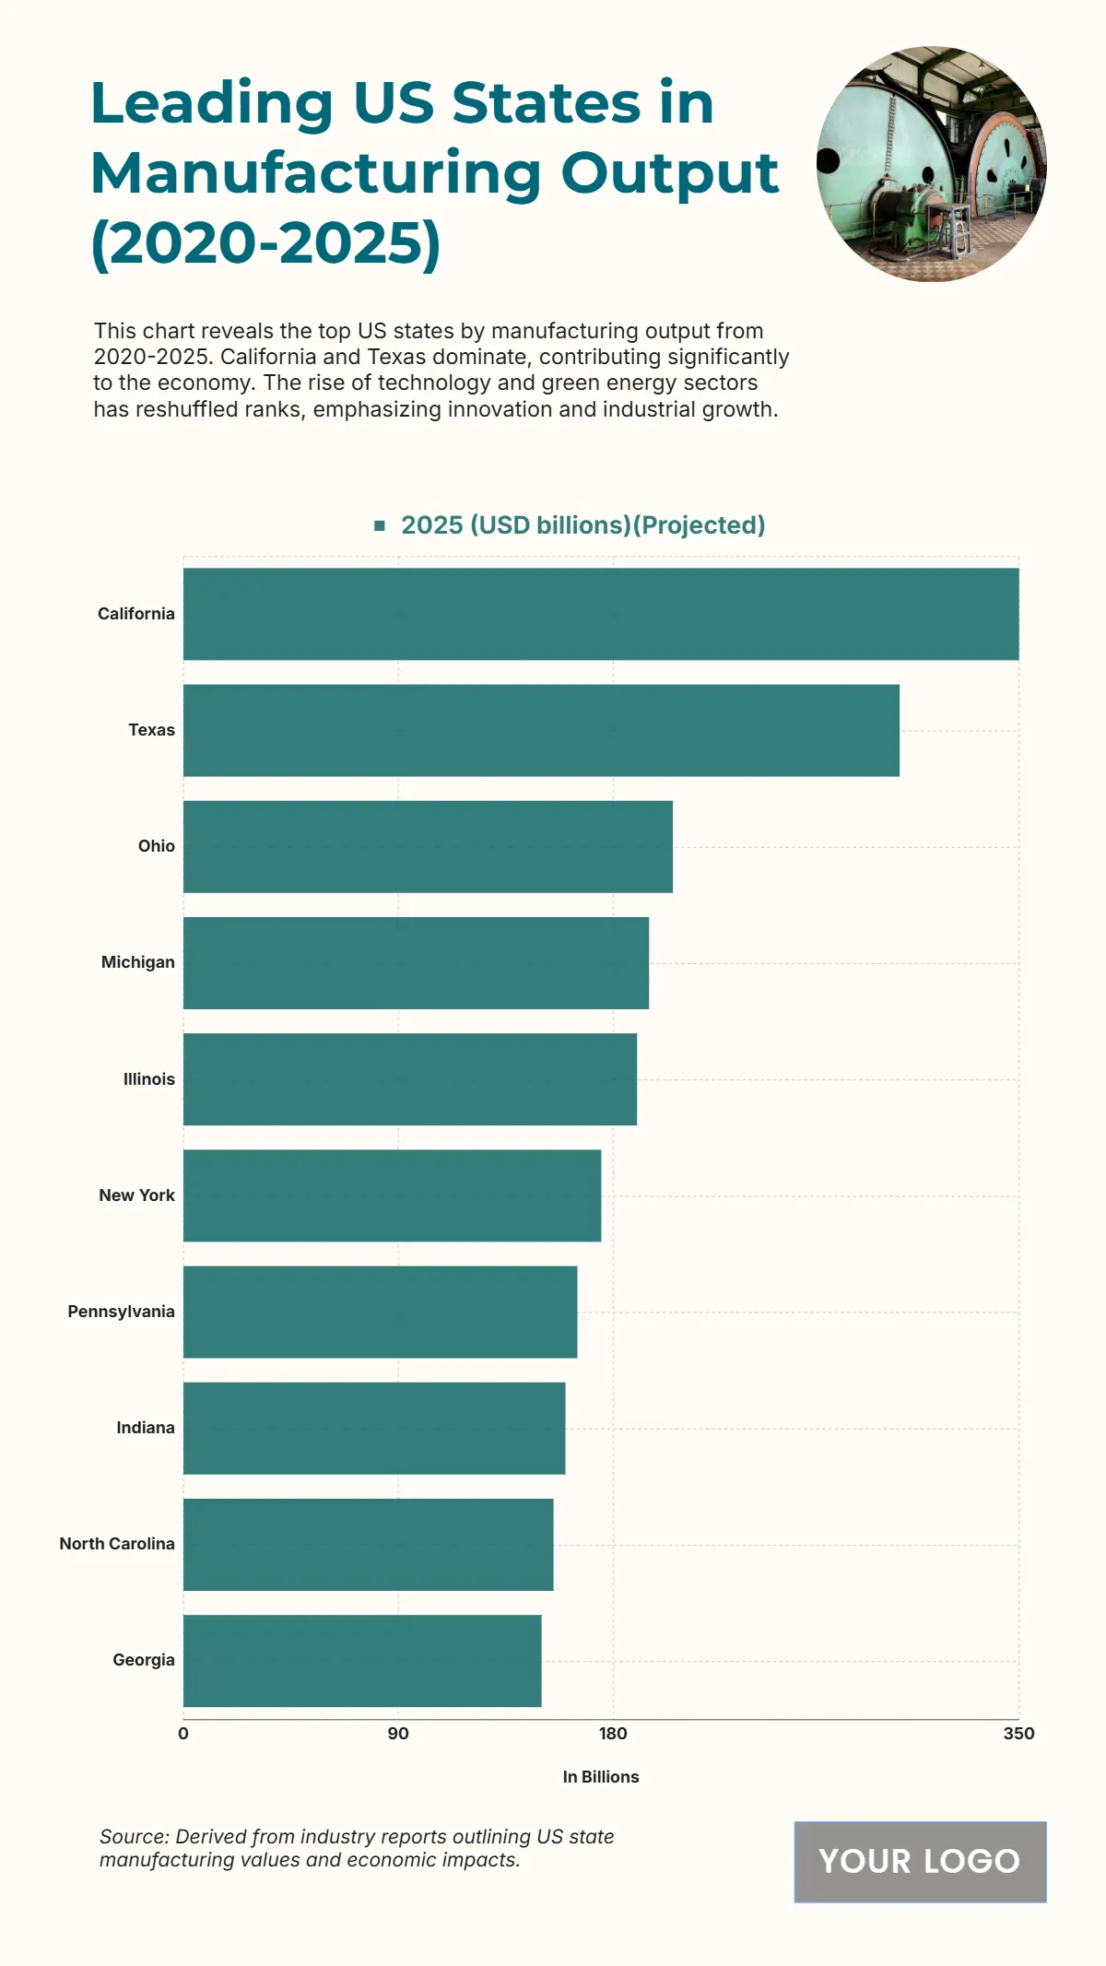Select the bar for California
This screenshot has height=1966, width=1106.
601,614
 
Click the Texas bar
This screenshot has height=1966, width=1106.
541,730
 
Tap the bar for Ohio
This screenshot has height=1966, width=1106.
428,846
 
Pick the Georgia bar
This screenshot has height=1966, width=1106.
362,1661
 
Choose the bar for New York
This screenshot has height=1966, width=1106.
392,1195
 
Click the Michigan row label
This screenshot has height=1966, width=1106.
137,962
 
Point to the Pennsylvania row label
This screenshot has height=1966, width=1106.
121,1312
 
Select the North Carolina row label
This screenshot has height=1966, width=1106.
117,1544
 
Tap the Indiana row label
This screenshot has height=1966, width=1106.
145,1428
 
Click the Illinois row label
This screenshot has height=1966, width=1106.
148,1079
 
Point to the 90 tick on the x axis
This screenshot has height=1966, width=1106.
398,1734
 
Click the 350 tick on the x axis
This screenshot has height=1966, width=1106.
1018,1734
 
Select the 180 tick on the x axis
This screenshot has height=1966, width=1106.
613,1734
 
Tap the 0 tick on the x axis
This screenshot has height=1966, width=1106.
183,1734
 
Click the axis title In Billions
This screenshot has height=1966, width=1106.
601,1777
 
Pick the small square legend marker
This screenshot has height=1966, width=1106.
380,525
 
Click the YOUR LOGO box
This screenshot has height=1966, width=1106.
920,1862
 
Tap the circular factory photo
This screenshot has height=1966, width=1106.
931,164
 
